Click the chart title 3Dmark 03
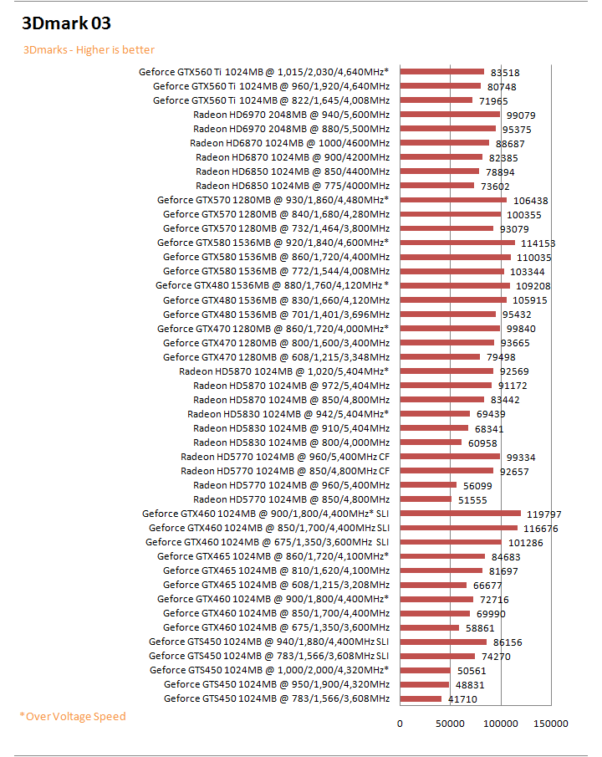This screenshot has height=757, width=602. coord(66,23)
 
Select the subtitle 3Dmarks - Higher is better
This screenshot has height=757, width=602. coord(88,49)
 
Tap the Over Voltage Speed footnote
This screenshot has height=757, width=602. coord(73,716)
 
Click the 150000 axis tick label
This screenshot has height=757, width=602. coord(551,724)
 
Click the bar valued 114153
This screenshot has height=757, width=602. coord(457,243)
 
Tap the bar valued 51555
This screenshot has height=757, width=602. coord(426,499)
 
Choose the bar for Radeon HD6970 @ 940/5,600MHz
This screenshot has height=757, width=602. coord(450,115)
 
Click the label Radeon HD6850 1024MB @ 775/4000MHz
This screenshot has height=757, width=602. coord(293,186)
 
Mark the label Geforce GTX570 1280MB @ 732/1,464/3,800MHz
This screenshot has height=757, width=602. coord(276,228)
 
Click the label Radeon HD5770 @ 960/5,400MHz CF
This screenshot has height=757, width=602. coord(285,457)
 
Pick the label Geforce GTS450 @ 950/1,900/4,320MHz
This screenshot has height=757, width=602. coord(277,684)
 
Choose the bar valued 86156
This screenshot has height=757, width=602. coord(443,642)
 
